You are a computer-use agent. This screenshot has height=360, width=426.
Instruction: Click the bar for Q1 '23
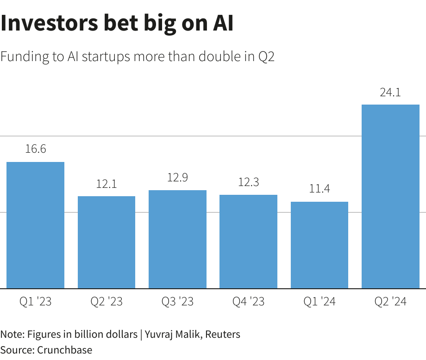click(35, 225)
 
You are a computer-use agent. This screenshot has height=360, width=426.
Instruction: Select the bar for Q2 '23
click(106, 242)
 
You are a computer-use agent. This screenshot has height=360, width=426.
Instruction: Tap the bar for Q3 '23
click(177, 239)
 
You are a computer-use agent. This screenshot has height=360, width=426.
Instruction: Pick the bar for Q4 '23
click(248, 242)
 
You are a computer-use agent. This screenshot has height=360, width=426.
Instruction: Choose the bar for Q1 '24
click(319, 245)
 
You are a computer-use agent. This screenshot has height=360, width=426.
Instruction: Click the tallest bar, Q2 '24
click(390, 197)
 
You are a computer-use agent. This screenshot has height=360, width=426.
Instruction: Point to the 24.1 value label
click(390, 93)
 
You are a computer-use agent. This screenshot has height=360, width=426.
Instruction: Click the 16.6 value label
click(35, 149)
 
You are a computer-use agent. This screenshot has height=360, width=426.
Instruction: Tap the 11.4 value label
click(319, 189)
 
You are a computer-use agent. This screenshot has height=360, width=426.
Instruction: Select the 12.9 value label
click(177, 178)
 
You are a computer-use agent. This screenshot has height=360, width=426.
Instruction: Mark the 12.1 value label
click(106, 184)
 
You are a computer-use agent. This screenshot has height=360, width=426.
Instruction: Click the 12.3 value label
click(248, 182)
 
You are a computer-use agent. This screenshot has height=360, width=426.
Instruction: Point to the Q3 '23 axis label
click(177, 302)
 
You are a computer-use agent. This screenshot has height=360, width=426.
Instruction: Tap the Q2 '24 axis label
click(390, 302)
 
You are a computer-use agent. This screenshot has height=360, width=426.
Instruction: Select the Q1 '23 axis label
click(35, 302)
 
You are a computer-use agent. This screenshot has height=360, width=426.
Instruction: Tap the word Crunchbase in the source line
click(64, 350)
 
